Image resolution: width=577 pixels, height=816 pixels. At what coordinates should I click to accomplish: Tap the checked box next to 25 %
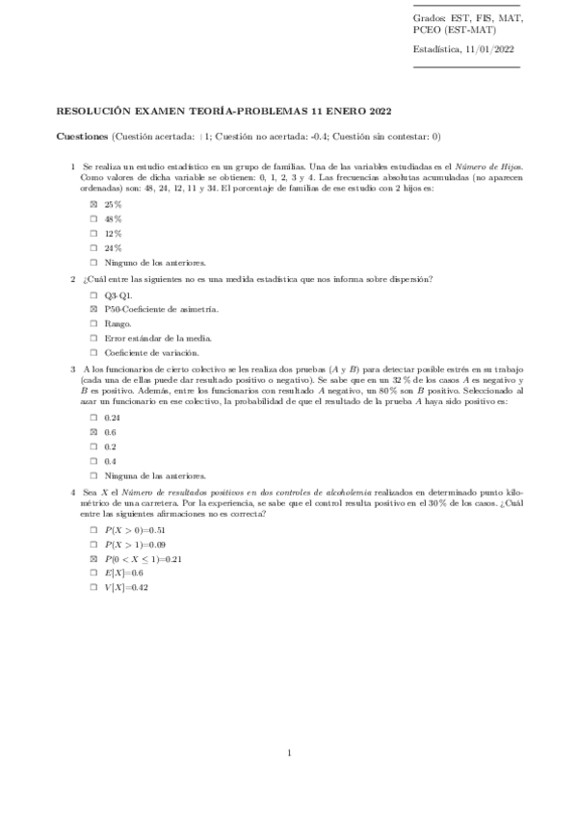93,205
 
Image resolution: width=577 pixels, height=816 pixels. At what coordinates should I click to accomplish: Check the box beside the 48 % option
93,219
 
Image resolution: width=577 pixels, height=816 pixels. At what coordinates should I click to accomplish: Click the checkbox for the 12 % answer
93,234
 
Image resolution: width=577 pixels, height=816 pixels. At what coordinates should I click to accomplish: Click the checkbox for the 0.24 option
93,418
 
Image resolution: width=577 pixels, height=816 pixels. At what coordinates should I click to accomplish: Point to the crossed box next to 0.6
93,432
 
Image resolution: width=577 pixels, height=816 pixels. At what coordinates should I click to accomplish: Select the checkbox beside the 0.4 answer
93,461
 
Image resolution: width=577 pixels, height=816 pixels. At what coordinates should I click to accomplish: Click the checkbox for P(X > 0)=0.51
93,530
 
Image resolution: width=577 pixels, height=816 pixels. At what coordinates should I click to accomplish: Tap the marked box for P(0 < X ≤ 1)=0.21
93,559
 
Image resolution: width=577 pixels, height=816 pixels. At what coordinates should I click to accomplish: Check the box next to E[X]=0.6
93,574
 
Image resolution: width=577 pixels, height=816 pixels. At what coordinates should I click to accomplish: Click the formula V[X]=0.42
126,588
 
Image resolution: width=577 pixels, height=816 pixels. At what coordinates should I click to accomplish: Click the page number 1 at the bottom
289,752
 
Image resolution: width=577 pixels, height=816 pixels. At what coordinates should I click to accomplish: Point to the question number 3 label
73,369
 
